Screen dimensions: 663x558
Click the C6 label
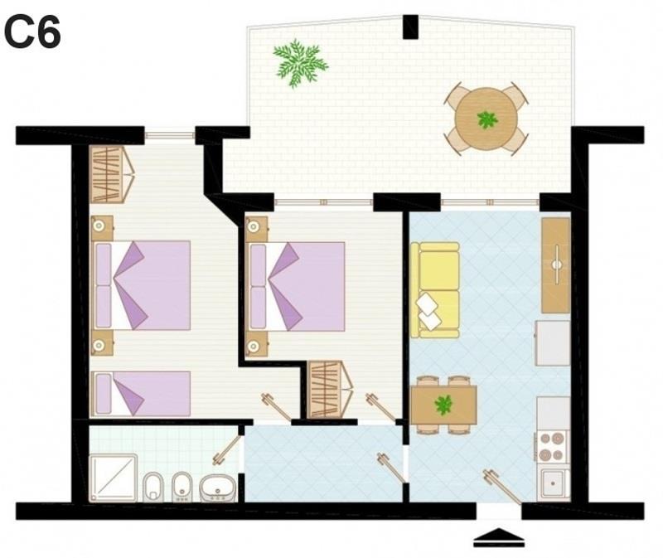coord(32,32)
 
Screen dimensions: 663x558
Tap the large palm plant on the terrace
coord(301,63)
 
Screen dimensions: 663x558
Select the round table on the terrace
coord(486,119)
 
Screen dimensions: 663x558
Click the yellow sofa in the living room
coord(435,290)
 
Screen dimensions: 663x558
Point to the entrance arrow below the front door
coord(499,537)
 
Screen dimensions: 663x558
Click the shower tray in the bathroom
coord(114,478)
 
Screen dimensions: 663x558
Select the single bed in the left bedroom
coord(141,394)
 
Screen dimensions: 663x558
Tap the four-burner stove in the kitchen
coord(553,447)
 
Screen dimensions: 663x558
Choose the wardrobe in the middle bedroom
coord(330,389)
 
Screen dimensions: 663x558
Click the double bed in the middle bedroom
coord(296,286)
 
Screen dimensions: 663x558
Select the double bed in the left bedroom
coord(141,285)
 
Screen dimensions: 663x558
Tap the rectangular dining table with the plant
coord(443,405)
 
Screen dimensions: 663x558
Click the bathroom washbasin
coord(217,488)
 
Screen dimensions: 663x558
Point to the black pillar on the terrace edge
coord(410,27)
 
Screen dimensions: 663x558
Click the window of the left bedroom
coord(170,135)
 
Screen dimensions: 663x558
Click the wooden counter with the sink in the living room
coord(556,265)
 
